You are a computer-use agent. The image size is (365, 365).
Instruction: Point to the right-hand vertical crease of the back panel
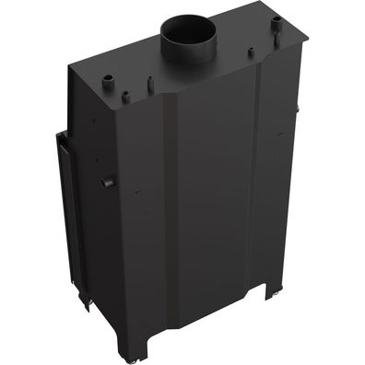point(259,184)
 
